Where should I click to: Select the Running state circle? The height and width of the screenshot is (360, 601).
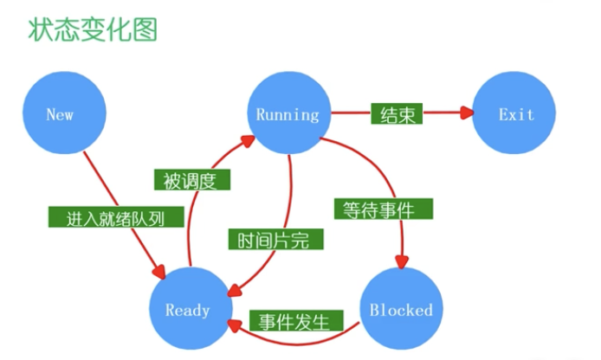pos(288,113)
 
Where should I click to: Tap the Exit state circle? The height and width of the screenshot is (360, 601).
pos(516,113)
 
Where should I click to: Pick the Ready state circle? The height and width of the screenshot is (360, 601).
pos(189,309)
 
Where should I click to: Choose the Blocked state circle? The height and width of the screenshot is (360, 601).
pos(401,309)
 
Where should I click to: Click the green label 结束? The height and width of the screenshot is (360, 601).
pos(396,113)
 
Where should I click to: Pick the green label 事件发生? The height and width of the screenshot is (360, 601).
pos(294,323)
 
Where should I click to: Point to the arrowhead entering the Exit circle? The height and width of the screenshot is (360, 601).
pos(468,112)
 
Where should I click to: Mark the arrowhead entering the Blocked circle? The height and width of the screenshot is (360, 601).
pos(401,261)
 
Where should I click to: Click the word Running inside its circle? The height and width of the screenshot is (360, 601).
pos(288,113)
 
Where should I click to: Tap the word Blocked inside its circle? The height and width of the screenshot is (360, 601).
pos(401,309)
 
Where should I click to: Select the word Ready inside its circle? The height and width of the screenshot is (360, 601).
pos(187,309)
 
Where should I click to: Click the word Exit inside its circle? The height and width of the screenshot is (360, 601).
pos(516,113)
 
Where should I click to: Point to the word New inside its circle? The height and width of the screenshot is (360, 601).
pos(60,113)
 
